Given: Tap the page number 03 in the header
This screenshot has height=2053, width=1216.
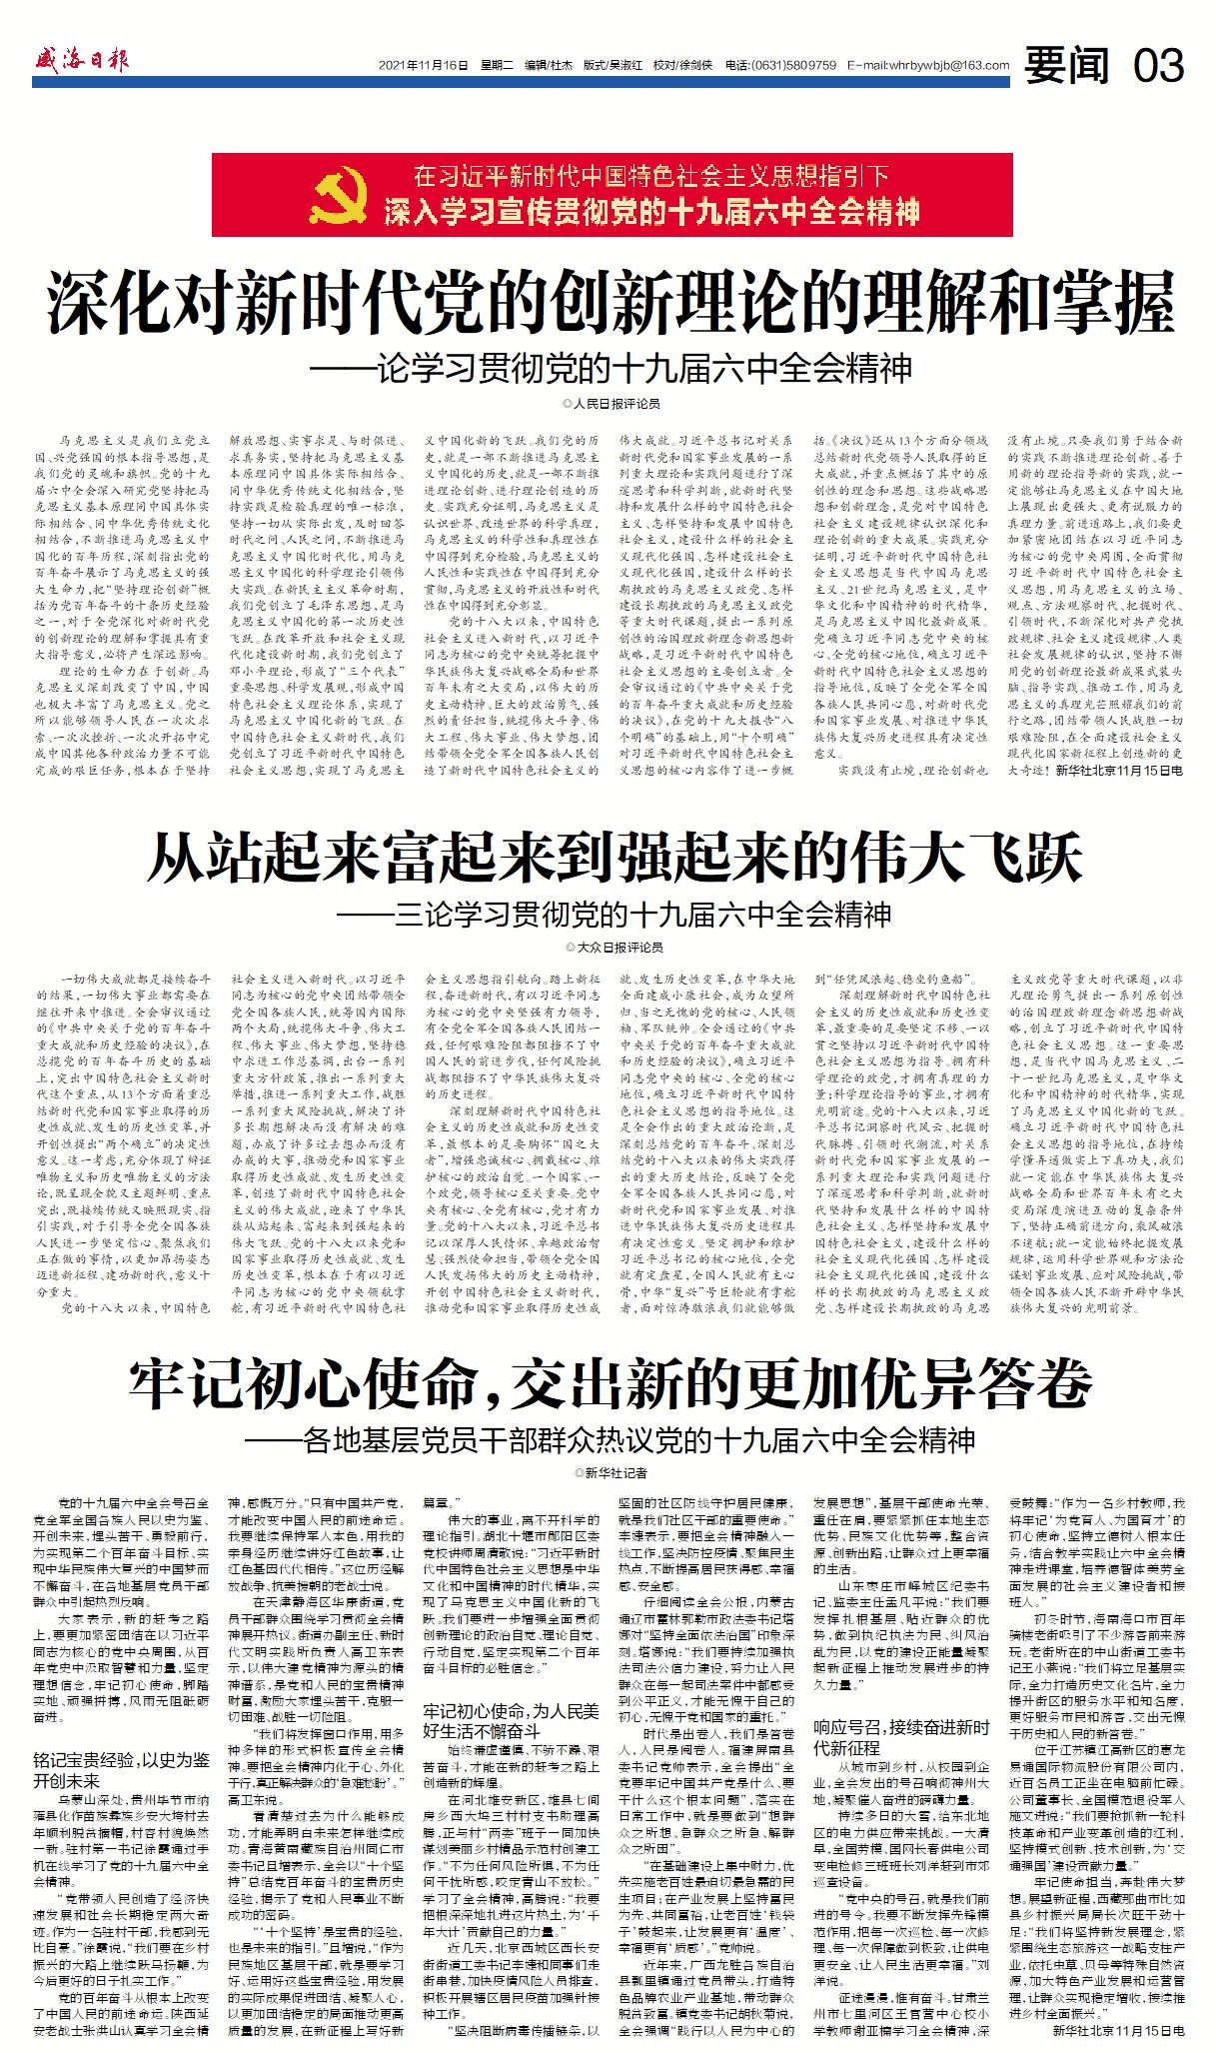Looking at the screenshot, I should (x=1158, y=66).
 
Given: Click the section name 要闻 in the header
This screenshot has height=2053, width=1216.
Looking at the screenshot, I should (x=1066, y=66).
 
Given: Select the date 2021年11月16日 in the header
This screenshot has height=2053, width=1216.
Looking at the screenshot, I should (x=423, y=66).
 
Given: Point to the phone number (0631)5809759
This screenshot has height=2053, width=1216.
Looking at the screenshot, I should (x=795, y=66).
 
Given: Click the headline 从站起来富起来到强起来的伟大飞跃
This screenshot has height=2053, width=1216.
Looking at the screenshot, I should (x=613, y=859).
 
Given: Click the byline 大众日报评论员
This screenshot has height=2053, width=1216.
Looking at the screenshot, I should (x=612, y=947).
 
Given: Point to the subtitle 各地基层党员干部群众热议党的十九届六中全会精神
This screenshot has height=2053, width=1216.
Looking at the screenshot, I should (x=610, y=1440).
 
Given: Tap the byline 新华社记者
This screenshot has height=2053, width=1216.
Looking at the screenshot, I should (x=610, y=1473).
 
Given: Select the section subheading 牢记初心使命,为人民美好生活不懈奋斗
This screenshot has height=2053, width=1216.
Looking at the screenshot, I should (x=511, y=1720).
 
